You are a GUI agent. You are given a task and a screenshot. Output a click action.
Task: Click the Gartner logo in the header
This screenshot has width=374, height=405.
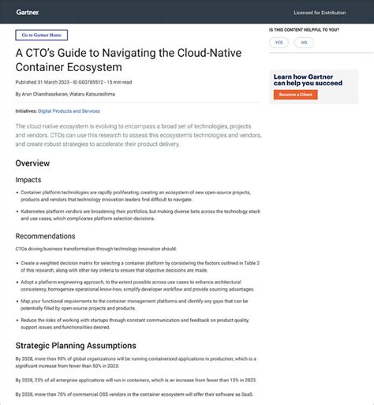(27, 12)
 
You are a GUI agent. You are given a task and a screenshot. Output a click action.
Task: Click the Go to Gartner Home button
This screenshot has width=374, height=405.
(41, 35)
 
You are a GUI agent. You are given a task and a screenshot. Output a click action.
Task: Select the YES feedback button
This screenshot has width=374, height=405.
(279, 43)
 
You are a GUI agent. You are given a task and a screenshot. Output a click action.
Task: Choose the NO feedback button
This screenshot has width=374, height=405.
(304, 43)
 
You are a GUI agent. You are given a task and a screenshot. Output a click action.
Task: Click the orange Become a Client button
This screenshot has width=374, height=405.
(295, 95)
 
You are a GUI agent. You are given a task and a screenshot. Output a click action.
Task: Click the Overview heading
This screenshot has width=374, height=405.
(32, 163)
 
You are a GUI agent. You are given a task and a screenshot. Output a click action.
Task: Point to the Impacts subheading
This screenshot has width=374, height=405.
(28, 180)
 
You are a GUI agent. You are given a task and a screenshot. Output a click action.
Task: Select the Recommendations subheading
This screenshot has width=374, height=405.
(45, 235)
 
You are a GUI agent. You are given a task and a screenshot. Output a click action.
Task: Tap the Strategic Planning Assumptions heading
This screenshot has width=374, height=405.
(76, 346)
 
